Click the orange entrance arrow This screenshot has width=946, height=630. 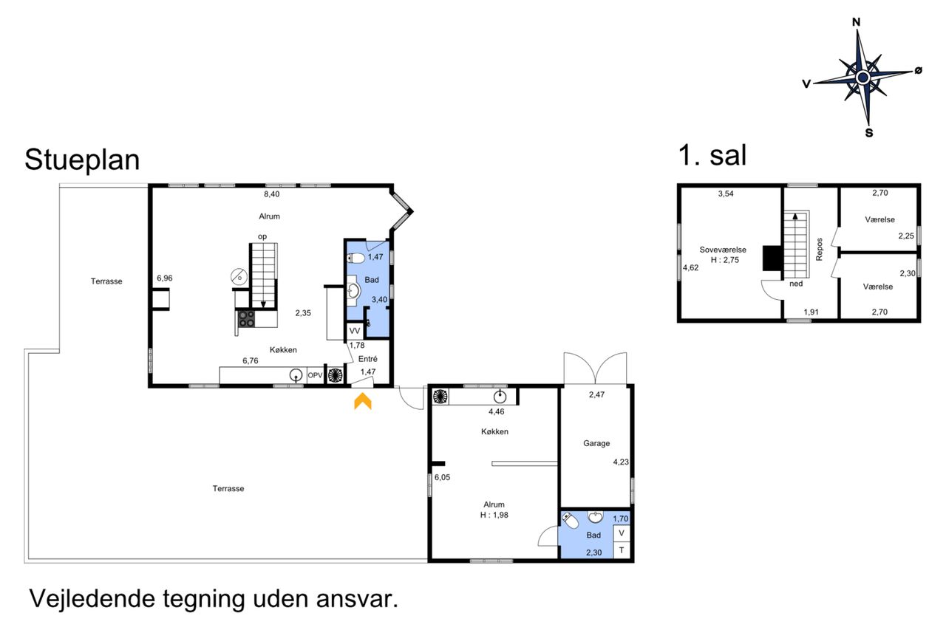tap(363, 401)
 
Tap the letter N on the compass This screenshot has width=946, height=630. tap(856, 22)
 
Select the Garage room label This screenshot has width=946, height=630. tap(596, 443)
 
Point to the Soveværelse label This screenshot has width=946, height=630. tap(723, 250)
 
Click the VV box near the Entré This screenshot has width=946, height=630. tap(355, 331)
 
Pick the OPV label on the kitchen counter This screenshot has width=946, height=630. tap(315, 375)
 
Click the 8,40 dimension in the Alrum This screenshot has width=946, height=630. tap(271, 194)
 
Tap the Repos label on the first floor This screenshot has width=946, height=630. tap(820, 250)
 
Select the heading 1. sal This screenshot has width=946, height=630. tap(712, 155)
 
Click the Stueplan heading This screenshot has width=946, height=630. tap(82, 160)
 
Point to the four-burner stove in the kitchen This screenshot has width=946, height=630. tap(247, 319)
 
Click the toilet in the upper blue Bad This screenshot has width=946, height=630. tap(355, 258)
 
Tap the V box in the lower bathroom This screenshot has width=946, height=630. tap(622, 533)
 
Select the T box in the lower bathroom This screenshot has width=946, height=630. tap(622, 550)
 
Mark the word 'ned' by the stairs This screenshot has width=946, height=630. tap(796, 284)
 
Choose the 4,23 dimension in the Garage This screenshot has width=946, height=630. tap(621, 462)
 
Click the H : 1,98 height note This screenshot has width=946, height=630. tap(494, 515)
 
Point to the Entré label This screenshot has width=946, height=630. tap(368, 359)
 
